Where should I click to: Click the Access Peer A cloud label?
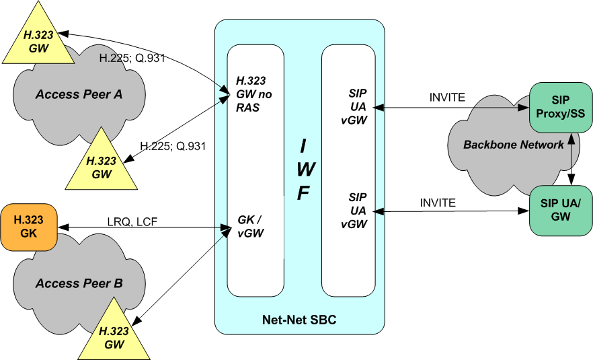[79, 94]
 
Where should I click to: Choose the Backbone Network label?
[514, 145]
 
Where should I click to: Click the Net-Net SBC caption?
[299, 320]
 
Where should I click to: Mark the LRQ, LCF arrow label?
[132, 221]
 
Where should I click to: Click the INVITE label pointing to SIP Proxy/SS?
[447, 98]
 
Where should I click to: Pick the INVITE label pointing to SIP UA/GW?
[438, 202]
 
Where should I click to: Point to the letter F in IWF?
[303, 193]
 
